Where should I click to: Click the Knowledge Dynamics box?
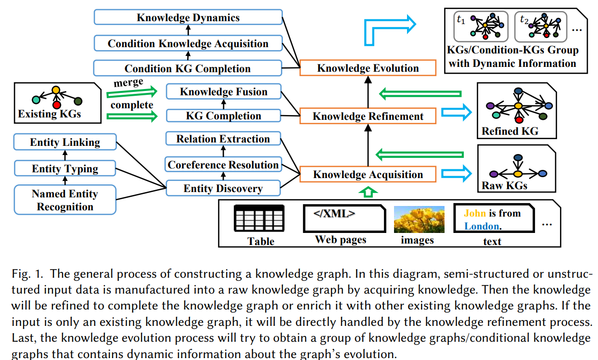click(188, 17)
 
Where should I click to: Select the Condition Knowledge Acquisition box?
click(188, 43)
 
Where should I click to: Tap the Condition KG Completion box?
click(188, 68)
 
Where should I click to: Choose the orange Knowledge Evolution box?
click(368, 68)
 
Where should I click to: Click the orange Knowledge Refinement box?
click(368, 116)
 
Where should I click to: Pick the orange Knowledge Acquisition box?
click(368, 174)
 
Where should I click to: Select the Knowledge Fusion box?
click(224, 91)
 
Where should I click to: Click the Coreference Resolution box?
click(223, 165)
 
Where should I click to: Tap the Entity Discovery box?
click(223, 188)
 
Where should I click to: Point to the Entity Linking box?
click(65, 142)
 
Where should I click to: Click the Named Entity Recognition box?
click(65, 200)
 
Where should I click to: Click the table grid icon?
click(259, 218)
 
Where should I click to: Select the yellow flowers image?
click(419, 219)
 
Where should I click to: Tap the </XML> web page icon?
click(344, 219)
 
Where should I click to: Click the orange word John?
click(475, 213)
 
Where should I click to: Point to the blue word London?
click(482, 226)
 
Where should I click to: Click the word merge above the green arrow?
click(128, 82)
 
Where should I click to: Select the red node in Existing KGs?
click(57, 105)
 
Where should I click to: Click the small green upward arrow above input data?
click(368, 192)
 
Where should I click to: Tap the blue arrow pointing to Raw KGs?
click(457, 174)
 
